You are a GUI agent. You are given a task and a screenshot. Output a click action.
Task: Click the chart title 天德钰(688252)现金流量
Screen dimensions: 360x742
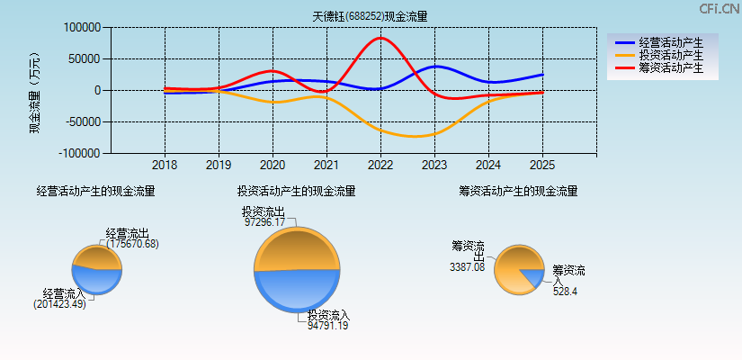(370, 16)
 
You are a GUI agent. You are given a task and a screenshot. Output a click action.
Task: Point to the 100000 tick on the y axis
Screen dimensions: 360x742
(82, 28)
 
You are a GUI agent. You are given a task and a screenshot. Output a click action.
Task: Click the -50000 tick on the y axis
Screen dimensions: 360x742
(79, 121)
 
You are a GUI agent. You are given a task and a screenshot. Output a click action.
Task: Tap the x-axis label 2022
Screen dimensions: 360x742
(380, 166)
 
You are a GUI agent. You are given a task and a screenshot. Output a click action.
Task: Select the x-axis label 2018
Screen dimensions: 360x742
(165, 166)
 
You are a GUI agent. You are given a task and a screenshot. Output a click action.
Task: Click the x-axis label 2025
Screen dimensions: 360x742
(542, 166)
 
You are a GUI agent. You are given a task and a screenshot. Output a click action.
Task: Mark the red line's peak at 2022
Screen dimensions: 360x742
(380, 38)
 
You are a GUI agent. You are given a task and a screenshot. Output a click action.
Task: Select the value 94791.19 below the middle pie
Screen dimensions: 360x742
(327, 326)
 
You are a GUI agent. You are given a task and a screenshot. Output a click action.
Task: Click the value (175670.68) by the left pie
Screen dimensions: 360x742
(132, 244)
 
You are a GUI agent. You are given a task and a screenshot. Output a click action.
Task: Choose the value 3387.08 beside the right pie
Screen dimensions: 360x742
(467, 266)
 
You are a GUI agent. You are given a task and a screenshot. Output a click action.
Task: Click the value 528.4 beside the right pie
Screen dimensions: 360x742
(565, 292)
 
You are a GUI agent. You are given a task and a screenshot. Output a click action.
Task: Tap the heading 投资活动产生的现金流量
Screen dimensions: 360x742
(296, 191)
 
